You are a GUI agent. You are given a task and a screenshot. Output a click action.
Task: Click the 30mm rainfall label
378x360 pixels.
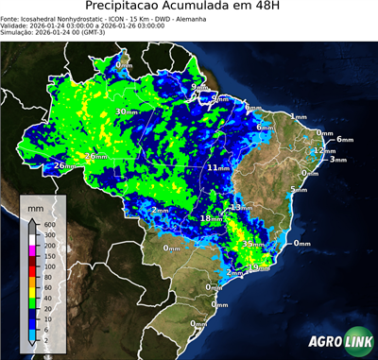click(x=126, y=111)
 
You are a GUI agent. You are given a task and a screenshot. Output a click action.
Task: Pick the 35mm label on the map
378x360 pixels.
click(x=251, y=244)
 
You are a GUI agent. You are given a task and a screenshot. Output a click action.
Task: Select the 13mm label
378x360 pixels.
click(x=240, y=207)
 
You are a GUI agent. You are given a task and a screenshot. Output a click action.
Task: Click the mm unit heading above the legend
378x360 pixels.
click(x=35, y=205)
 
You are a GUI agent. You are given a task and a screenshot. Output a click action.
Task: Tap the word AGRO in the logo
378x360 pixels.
click(x=323, y=342)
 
